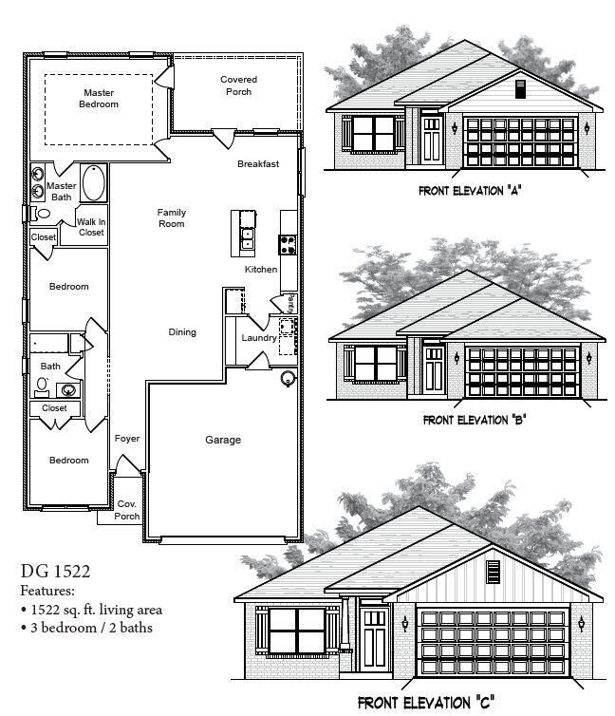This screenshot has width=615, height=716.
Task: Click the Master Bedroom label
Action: [x=100, y=98]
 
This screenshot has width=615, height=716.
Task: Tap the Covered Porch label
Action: [x=238, y=85]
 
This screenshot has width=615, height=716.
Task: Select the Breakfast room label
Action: [x=258, y=164]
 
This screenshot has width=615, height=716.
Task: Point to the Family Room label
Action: [x=171, y=217]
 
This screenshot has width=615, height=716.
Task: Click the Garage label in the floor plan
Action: [x=223, y=440]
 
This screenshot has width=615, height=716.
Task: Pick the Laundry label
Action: [x=258, y=338]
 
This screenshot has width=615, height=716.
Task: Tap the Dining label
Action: [x=182, y=332]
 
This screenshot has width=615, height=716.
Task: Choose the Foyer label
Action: [x=127, y=439]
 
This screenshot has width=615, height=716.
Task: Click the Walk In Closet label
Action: [x=91, y=227]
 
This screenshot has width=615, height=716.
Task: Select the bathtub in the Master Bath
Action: [x=94, y=183]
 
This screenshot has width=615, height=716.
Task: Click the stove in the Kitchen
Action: [x=288, y=244]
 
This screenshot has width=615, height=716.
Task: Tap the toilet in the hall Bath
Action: [x=43, y=386]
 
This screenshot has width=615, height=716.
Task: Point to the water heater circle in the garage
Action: [x=288, y=378]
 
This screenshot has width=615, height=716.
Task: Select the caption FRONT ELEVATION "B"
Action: [x=475, y=419]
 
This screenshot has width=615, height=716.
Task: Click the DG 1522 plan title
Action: [x=56, y=571]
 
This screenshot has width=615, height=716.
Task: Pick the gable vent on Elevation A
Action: [x=519, y=88]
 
